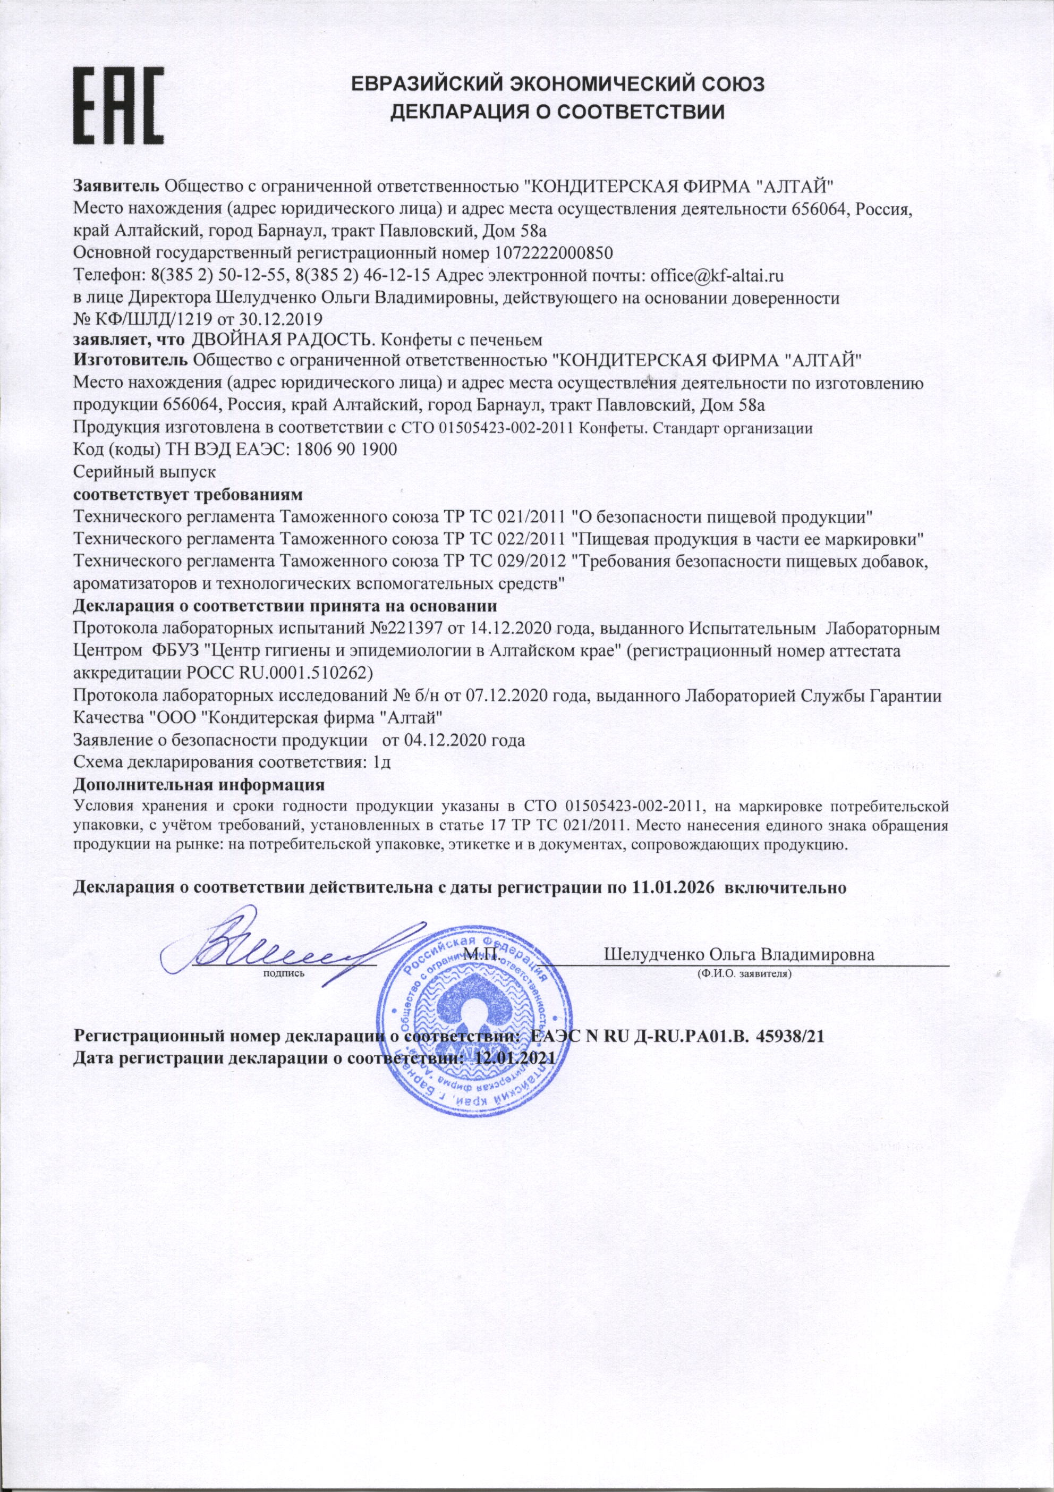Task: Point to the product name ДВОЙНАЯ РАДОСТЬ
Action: click(284, 339)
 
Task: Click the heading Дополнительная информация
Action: click(199, 784)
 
